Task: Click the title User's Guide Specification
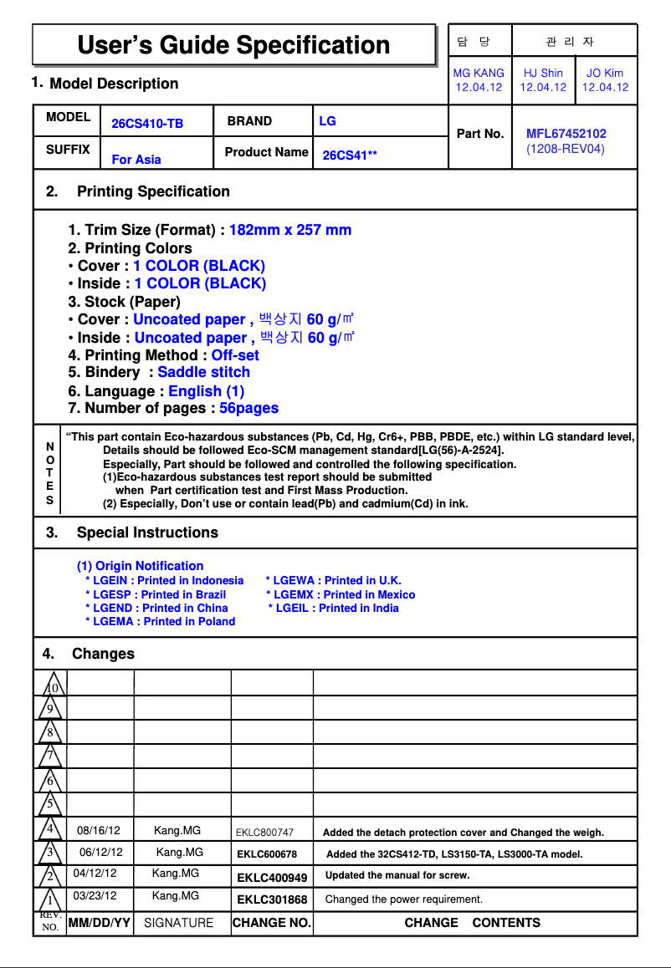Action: pos(233,45)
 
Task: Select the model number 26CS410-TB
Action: pos(147,124)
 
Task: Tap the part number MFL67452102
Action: pos(566,134)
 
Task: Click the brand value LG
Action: pos(327,121)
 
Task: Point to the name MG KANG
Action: pos(479,74)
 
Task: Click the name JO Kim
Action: pos(605,74)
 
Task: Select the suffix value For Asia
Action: pos(136,160)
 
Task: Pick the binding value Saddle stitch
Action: pos(203,372)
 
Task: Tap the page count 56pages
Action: pos(248,408)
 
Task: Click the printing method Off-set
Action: pos(235,355)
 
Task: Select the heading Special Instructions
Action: pos(147,532)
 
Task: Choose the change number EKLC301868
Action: pos(272,899)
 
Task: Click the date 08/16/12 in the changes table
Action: pos(99,831)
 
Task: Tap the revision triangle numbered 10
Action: pos(50,686)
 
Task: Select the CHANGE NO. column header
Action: pos(271,923)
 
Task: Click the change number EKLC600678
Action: pos(267,854)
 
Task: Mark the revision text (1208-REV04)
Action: pos(565,149)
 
